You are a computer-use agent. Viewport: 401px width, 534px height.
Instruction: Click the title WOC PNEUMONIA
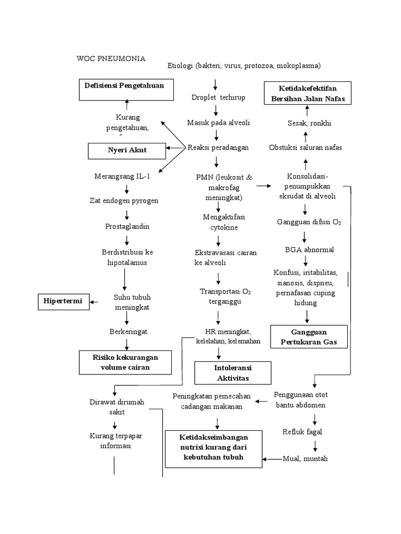111,58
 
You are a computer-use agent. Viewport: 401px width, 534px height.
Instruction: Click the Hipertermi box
63,301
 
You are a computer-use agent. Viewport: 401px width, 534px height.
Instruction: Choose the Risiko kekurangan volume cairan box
125,362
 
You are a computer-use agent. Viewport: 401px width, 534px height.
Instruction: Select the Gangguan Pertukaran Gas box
308,337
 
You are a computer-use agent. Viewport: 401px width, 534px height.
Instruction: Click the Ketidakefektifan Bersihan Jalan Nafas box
307,93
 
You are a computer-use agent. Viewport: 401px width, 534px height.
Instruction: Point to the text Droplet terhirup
218,98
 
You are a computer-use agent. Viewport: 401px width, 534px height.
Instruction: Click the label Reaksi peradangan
218,148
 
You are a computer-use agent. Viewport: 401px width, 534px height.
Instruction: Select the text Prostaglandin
127,226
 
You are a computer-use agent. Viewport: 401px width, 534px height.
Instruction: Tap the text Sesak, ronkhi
309,123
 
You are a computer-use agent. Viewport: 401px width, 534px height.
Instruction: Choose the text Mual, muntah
305,459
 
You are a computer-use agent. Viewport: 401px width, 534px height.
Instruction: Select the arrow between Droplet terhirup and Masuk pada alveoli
216,110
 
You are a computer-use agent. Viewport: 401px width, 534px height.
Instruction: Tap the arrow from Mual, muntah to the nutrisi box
272,459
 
